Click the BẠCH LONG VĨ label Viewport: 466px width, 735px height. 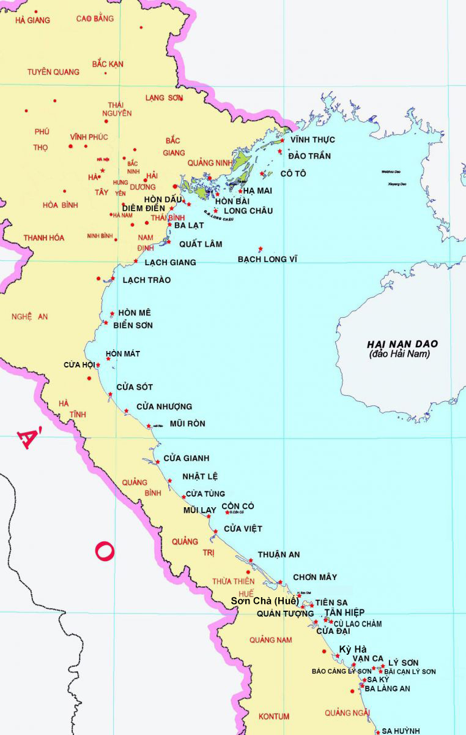pyautogui.click(x=267, y=259)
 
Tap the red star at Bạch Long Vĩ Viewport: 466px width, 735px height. pyautogui.click(x=261, y=249)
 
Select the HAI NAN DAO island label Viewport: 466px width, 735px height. pyautogui.click(x=398, y=344)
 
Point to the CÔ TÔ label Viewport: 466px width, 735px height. pyautogui.click(x=293, y=174)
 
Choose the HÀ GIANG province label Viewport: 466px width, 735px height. pyautogui.click(x=32, y=20)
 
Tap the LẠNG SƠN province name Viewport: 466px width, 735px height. pyautogui.click(x=164, y=97)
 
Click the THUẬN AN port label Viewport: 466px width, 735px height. pyautogui.click(x=278, y=555)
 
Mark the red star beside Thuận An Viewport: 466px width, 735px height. pyautogui.click(x=251, y=560)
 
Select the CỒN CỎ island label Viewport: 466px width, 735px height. pyautogui.click(x=237, y=506)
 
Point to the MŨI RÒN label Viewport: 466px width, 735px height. pyautogui.click(x=187, y=423)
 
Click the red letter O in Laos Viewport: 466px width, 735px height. pyautogui.click(x=104, y=551)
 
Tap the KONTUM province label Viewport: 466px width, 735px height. pyautogui.click(x=274, y=717)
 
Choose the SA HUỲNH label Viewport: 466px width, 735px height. pyautogui.click(x=401, y=731)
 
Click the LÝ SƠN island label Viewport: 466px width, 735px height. pyautogui.click(x=403, y=663)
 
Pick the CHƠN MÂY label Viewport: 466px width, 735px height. pyautogui.click(x=314, y=577)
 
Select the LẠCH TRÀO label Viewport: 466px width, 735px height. pyautogui.click(x=146, y=280)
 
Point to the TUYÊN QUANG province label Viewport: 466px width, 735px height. pyautogui.click(x=53, y=72)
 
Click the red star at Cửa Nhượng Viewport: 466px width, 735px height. pyautogui.click(x=127, y=411)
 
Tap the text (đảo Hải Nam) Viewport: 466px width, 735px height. pyautogui.click(x=399, y=355)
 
